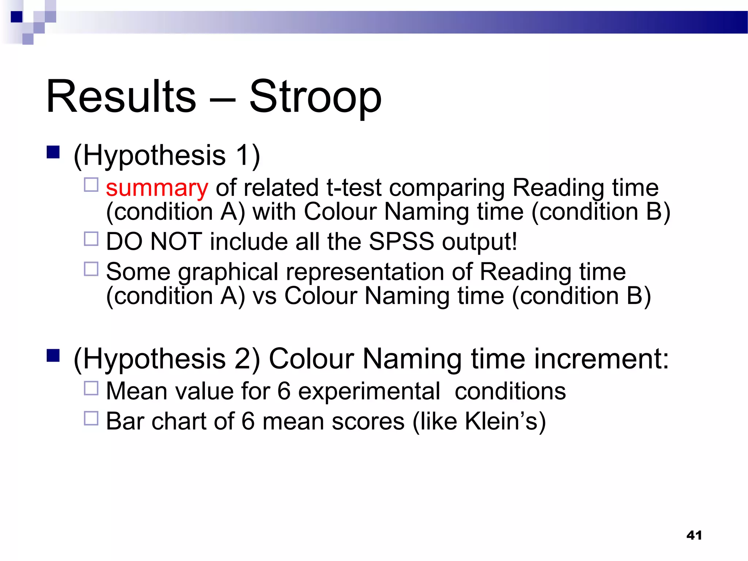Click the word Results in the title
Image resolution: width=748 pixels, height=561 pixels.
(x=121, y=97)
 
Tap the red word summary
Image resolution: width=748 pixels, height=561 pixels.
(x=157, y=188)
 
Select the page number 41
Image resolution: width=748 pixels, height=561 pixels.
(x=694, y=535)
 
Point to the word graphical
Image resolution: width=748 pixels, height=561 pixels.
(x=229, y=272)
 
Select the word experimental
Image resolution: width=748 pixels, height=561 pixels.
(x=369, y=391)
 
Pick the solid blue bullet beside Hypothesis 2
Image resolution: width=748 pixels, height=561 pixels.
(x=53, y=355)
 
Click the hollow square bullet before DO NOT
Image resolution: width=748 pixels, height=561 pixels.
(x=91, y=239)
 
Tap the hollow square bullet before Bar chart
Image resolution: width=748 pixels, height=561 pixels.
(x=91, y=419)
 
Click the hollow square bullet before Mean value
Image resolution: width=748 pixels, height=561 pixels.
(x=91, y=388)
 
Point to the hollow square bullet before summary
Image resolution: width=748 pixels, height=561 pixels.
(x=91, y=185)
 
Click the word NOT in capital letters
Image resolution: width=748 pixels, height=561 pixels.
(x=176, y=241)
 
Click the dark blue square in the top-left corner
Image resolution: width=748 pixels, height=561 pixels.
(x=17, y=17)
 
